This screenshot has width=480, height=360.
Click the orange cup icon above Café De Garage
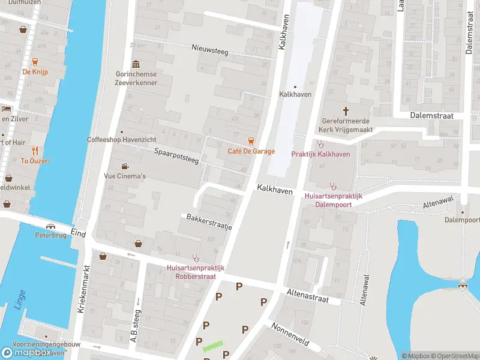point(251,141)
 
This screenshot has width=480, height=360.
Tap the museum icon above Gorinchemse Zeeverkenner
point(136,64)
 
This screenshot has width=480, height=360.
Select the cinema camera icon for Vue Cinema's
point(125,166)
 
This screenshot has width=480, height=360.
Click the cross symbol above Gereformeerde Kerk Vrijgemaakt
point(346,110)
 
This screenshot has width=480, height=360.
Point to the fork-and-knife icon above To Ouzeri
point(35,151)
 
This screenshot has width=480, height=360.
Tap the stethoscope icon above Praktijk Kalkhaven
point(320,145)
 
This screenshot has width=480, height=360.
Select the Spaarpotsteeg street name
point(176,157)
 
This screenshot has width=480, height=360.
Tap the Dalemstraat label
point(431,115)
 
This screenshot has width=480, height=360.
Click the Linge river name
point(20,301)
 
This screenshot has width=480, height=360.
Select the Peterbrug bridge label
point(50,235)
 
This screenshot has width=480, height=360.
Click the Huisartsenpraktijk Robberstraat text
point(196,272)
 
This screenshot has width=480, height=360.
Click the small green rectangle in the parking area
point(212,346)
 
